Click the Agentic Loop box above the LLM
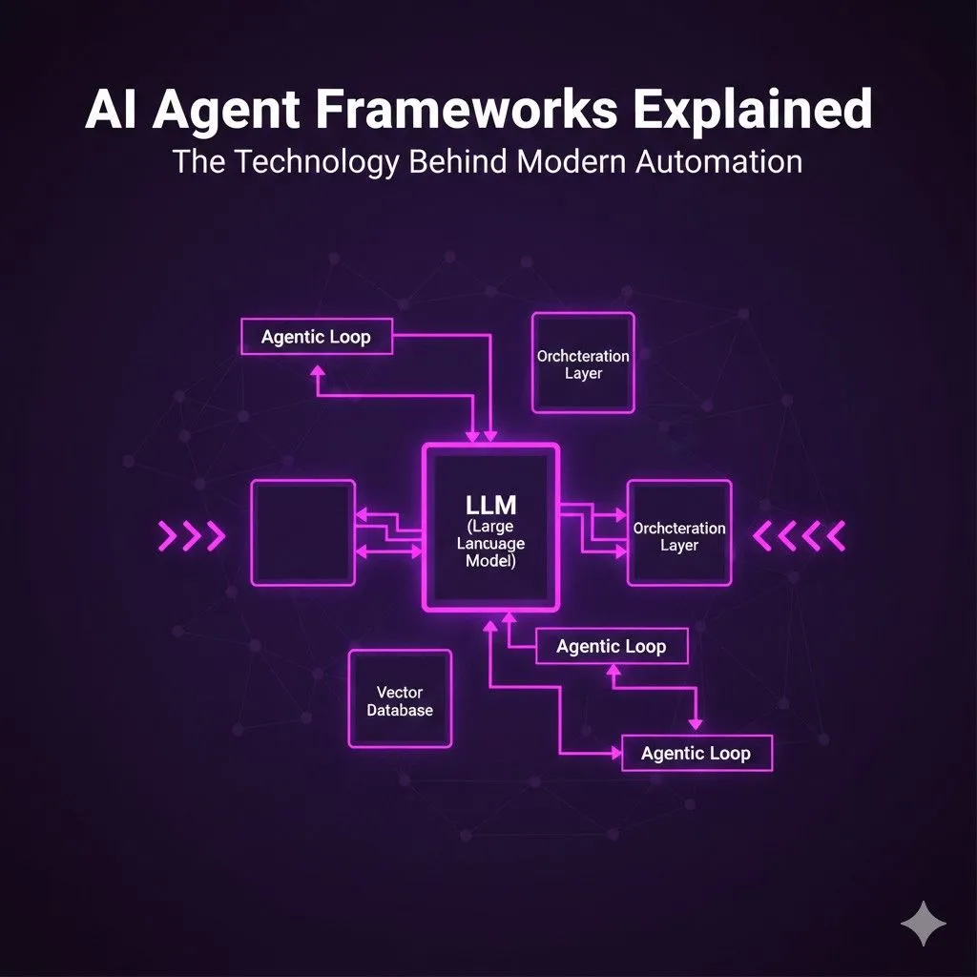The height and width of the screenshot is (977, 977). tap(316, 337)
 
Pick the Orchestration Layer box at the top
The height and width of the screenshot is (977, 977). tap(583, 364)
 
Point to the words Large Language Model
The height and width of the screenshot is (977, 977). tap(490, 544)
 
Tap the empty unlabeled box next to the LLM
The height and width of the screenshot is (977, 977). tap(302, 532)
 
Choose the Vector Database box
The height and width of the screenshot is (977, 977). tap(400, 699)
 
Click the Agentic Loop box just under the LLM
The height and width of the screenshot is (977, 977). tap(611, 646)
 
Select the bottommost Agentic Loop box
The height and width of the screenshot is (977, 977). tap(696, 753)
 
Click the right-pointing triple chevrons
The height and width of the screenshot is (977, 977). tap(191, 536)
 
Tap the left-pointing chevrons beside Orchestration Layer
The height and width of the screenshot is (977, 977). tap(800, 535)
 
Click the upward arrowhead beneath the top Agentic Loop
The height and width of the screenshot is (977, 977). tap(318, 368)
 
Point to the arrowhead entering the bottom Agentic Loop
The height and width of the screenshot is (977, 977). tap(615, 753)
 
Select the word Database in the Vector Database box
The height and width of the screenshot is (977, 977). tap(400, 710)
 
